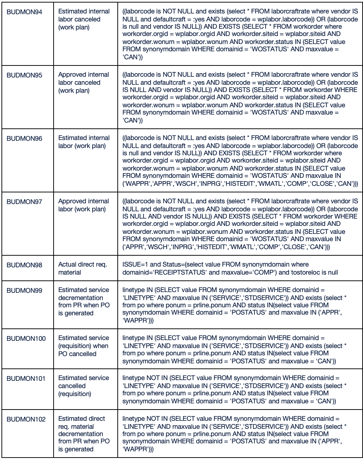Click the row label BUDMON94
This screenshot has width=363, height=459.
pyautogui.click(x=24, y=12)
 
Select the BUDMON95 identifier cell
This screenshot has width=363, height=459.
pyautogui.click(x=24, y=75)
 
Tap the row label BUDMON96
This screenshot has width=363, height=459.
pyautogui.click(x=24, y=139)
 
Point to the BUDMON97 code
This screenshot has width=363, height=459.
pyautogui.click(x=24, y=202)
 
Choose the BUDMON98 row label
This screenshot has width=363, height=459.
pyautogui.click(x=24, y=265)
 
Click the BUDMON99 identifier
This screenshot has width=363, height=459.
pyautogui.click(x=24, y=291)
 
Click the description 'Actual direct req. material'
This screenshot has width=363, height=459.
pyautogui.click(x=82, y=268)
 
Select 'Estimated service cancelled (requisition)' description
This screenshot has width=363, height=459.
pyautogui.click(x=83, y=386)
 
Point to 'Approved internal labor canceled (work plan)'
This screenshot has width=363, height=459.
pyautogui.click(x=83, y=83)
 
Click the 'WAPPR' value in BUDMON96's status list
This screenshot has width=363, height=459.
pyautogui.click(x=136, y=184)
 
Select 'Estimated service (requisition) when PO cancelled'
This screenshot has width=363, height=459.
pyautogui.click(x=83, y=346)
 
